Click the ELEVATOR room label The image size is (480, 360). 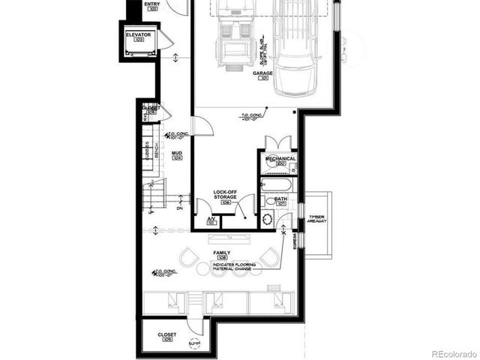(x=139, y=35)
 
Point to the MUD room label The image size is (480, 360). (x=177, y=153)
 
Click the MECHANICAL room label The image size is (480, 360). (x=280, y=159)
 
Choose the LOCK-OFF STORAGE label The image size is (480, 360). (x=225, y=194)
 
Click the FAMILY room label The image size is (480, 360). (x=221, y=253)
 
